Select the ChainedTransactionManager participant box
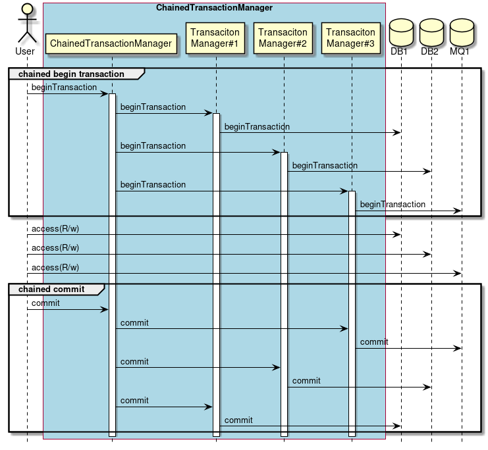111,43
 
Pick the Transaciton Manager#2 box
283,37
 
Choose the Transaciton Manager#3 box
351,37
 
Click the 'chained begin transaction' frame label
71,74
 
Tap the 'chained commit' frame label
51,289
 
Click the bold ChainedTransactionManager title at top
214,8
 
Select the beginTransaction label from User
64,87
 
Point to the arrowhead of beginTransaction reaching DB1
397,133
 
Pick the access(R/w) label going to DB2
55,248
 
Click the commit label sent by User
45,303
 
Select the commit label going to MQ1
374,342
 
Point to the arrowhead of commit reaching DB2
427,387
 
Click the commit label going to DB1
238,420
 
